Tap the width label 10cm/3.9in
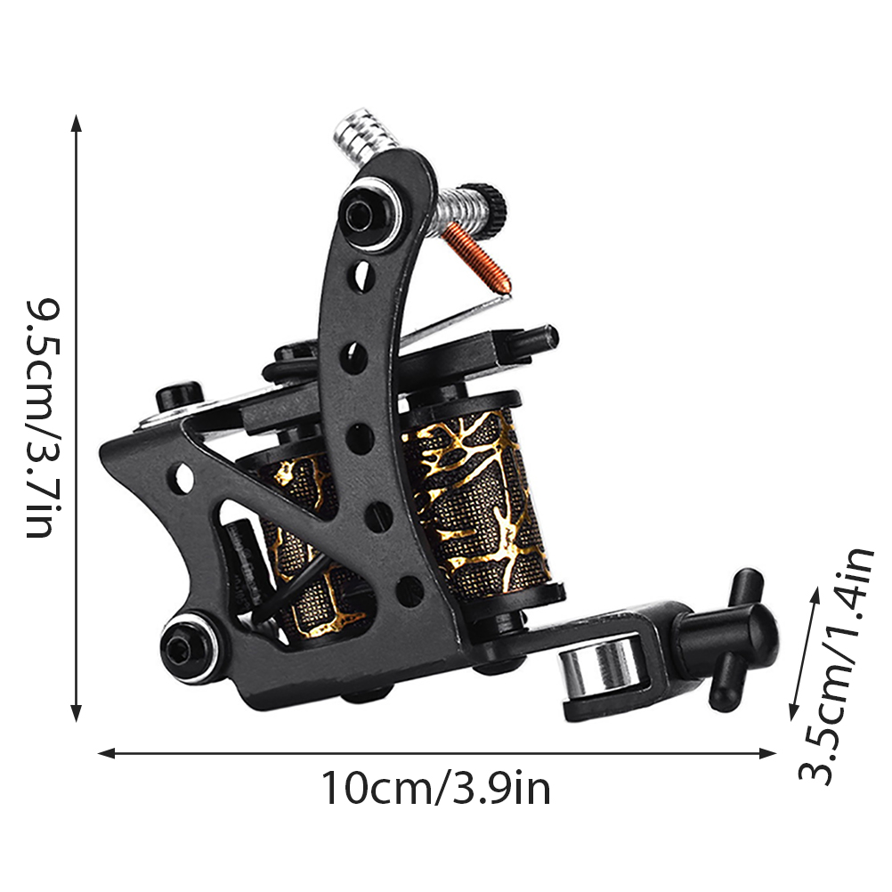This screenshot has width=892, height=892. tap(436, 789)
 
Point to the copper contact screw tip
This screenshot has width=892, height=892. tap(506, 290)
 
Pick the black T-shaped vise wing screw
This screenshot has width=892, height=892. tap(734, 636)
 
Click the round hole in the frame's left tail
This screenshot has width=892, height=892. tap(183, 477)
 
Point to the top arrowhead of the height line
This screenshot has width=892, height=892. tap(77, 122)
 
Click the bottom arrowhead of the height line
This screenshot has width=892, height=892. tap(77, 713)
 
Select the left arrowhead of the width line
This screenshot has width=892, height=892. tap(107, 753)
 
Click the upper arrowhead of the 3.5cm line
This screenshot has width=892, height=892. tap(815, 594)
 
